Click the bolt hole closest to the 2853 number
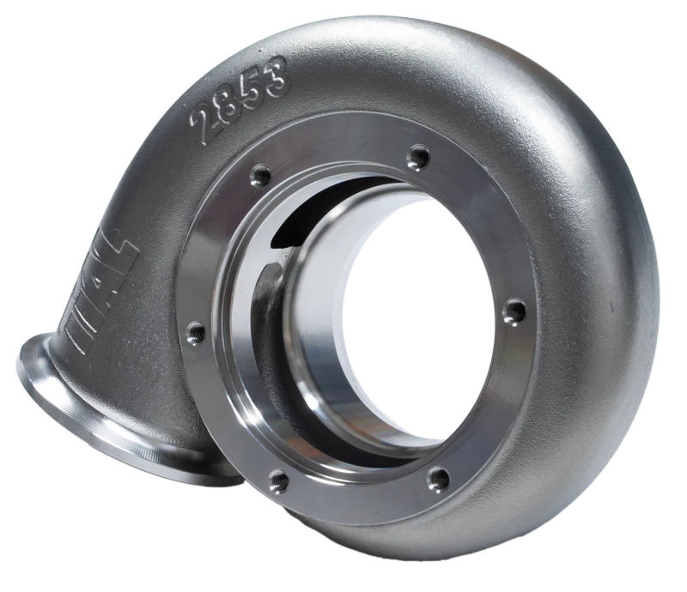pos(260,176)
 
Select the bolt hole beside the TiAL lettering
pos(196,331)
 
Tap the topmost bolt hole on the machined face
pos(418,157)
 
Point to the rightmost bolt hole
pos(514,311)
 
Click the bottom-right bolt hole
pos(438,477)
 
